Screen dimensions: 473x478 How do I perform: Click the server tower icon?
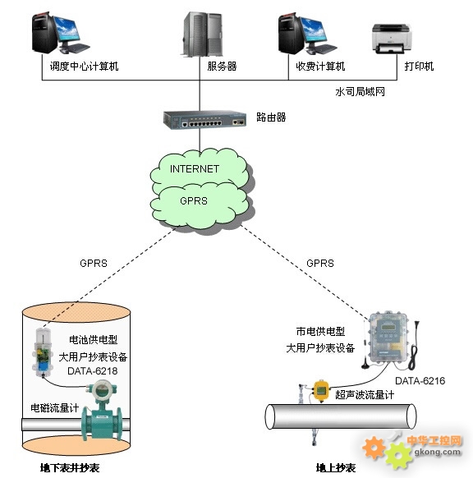click(x=202, y=34)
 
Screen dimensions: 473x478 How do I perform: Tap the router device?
click(x=204, y=120)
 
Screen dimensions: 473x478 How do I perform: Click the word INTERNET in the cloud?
click(x=195, y=168)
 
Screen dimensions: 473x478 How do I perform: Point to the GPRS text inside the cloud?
click(x=194, y=200)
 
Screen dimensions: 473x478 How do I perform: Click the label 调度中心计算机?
click(x=84, y=67)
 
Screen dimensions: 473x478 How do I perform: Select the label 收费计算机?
click(x=320, y=67)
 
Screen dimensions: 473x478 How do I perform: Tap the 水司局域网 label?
click(x=360, y=91)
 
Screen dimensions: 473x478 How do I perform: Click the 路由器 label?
click(x=271, y=117)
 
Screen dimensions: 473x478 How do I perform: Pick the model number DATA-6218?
click(x=92, y=371)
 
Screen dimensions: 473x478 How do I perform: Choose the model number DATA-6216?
click(x=420, y=381)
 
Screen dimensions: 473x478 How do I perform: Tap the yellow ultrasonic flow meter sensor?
click(x=322, y=390)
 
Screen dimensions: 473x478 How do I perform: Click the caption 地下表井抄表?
click(x=70, y=467)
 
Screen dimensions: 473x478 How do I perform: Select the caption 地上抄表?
click(x=336, y=467)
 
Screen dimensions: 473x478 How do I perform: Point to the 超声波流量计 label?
click(x=365, y=395)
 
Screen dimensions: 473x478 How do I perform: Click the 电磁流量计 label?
click(x=55, y=408)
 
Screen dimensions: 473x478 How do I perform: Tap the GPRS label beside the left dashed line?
click(x=94, y=263)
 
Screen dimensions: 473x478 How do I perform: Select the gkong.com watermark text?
click(x=438, y=452)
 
